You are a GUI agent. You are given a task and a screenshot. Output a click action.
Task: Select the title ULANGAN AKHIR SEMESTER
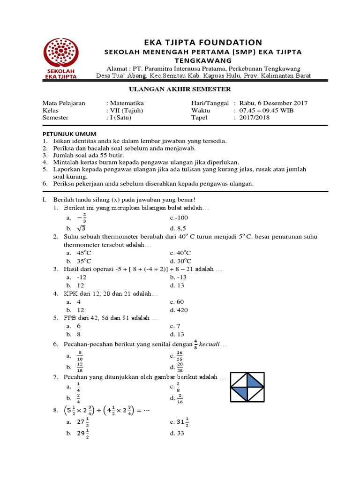(x=180, y=89)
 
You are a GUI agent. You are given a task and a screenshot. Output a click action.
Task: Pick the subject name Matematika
(x=127, y=103)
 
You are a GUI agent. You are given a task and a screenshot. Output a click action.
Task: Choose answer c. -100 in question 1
(x=179, y=217)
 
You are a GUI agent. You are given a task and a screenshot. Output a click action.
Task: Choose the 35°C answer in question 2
(x=84, y=261)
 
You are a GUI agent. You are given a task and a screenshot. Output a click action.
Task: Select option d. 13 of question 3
(x=177, y=285)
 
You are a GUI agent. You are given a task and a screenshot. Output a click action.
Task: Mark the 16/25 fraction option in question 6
(x=180, y=356)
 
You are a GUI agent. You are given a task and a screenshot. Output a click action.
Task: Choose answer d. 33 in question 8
(x=177, y=433)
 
